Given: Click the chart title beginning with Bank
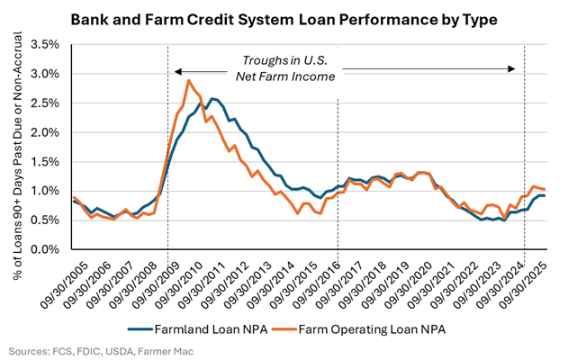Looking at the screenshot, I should pos(284,19).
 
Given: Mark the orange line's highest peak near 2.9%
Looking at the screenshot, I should pos(188,81).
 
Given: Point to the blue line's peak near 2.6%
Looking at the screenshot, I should pos(211,99).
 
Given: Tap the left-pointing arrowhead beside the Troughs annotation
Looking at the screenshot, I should pos(178,70).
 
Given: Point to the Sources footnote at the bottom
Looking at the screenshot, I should pos(95,349).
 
